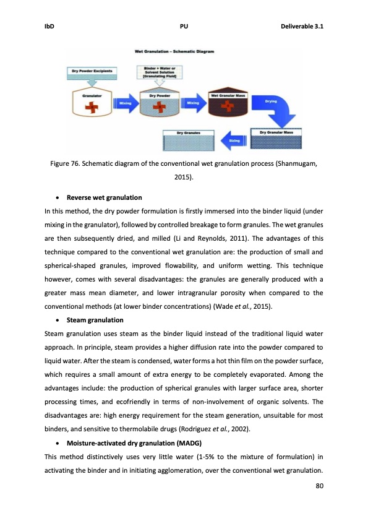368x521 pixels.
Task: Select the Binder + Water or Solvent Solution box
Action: tap(160, 72)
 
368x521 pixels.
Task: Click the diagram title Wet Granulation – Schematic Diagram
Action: tap(174, 52)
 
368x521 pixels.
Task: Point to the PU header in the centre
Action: tap(184, 27)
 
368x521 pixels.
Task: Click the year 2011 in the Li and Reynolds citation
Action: tap(205, 238)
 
